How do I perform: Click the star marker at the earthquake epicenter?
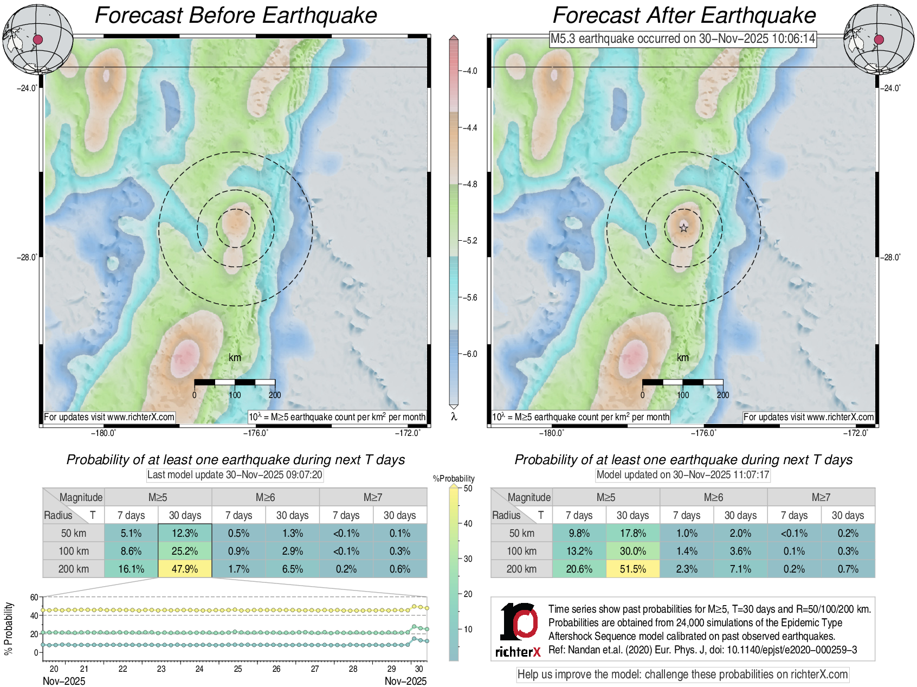click(684, 228)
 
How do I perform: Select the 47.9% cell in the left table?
click(185, 569)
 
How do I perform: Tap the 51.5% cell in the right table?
click(632, 569)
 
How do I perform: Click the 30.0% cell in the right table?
click(632, 551)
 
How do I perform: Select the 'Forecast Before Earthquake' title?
click(236, 15)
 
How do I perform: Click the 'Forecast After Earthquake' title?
click(684, 15)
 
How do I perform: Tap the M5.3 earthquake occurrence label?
click(683, 39)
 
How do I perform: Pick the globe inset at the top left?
click(37, 39)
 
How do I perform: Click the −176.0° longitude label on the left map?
click(255, 433)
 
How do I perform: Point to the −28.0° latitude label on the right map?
click(889, 258)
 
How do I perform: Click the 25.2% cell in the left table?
click(185, 551)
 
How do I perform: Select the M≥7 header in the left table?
click(373, 497)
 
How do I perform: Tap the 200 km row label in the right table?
click(521, 569)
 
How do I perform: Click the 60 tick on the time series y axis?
click(34, 598)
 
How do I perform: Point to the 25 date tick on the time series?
click(238, 669)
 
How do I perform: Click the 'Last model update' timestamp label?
click(235, 475)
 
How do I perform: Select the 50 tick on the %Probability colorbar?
click(468, 489)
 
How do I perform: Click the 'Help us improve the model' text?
click(682, 675)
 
